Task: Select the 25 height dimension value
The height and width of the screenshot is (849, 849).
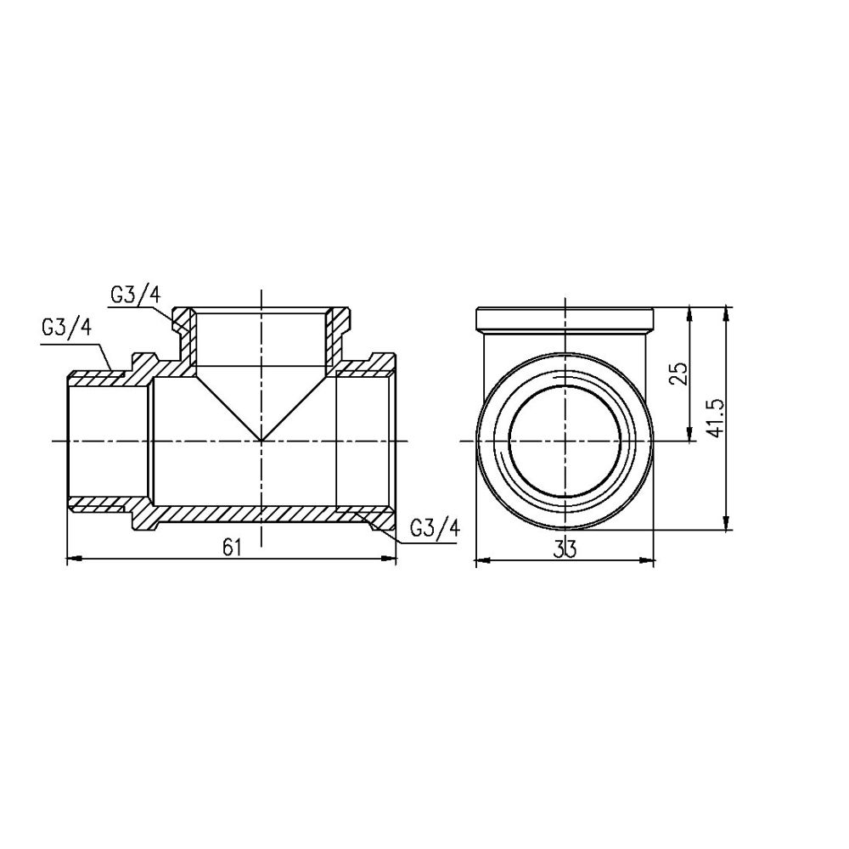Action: click(678, 374)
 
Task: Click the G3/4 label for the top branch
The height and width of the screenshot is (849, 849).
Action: click(135, 295)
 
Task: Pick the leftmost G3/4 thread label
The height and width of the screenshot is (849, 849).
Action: click(65, 329)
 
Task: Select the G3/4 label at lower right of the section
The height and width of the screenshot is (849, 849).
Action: click(434, 527)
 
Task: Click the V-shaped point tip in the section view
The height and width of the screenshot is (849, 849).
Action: click(261, 440)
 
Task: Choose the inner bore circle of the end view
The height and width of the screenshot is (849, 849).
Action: click(565, 441)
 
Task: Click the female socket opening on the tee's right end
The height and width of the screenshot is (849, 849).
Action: click(365, 441)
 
